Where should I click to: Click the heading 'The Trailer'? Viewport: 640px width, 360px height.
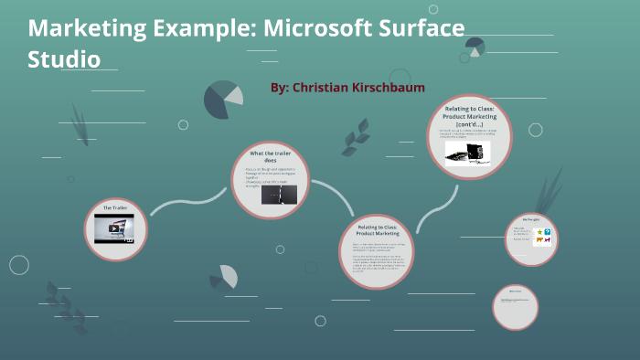115,208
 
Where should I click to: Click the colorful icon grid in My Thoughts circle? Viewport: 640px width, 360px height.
542,238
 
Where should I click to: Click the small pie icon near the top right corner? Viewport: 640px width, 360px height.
474,47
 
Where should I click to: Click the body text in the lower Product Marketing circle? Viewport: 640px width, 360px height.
377,259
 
